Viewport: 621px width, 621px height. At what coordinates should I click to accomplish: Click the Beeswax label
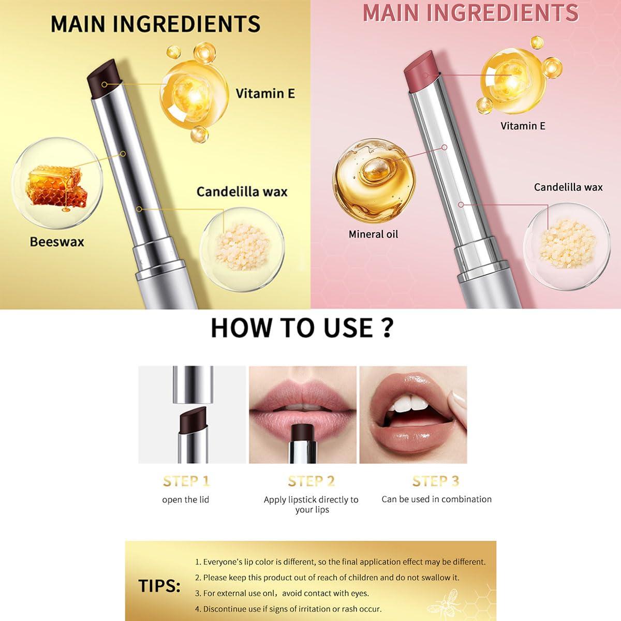tap(56, 242)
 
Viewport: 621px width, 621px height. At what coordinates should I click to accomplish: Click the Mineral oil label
tap(373, 234)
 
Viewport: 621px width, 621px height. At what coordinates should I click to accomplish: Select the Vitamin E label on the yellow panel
tap(265, 94)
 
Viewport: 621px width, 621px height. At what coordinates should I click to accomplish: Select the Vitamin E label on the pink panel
tap(523, 126)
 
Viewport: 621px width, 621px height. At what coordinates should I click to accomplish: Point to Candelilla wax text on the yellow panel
tap(242, 192)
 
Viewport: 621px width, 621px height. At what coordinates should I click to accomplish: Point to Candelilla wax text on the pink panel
tap(568, 187)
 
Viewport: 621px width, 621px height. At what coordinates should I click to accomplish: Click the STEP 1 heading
tap(186, 481)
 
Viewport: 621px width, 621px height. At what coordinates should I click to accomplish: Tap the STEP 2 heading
tap(311, 481)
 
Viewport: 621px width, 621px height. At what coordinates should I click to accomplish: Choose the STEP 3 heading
tap(436, 481)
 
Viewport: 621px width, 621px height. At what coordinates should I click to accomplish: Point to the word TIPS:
tap(159, 586)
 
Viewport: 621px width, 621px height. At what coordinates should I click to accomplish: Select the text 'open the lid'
tap(185, 500)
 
